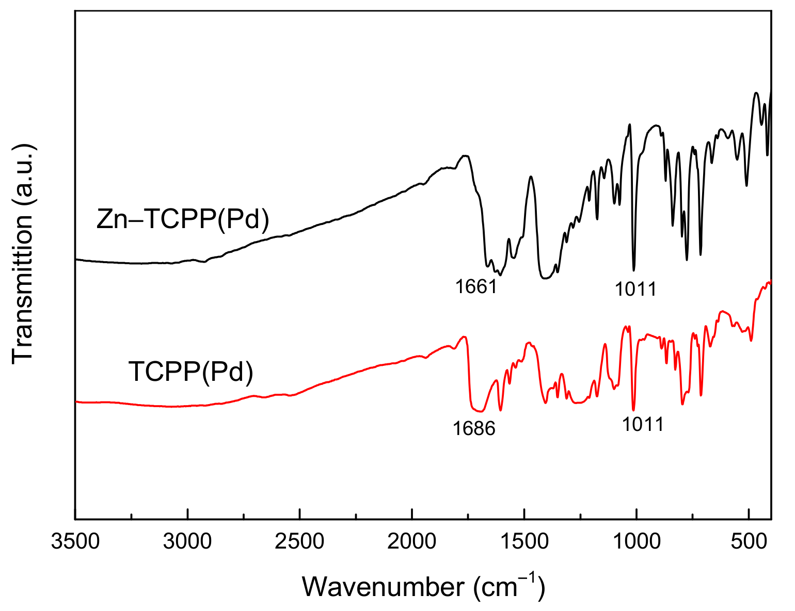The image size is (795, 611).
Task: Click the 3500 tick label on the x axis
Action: (75, 542)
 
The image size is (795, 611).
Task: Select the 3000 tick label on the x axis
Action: (187, 542)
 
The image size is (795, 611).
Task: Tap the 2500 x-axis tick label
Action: (299, 542)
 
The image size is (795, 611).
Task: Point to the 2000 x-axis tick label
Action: (412, 542)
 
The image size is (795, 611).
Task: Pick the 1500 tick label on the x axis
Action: (524, 542)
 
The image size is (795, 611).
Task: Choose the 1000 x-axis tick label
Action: (636, 542)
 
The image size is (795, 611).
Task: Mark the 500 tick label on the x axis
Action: (749, 542)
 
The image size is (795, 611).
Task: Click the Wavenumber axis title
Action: (423, 587)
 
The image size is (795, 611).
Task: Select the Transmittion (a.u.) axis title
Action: (23, 253)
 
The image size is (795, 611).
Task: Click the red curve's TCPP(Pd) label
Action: (190, 372)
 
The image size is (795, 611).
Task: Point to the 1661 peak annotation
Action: (475, 286)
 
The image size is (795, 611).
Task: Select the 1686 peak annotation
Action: (474, 428)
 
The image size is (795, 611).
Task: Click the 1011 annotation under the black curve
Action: (635, 289)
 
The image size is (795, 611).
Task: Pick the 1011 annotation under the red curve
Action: (642, 425)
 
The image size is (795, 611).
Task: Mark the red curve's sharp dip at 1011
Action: (633, 410)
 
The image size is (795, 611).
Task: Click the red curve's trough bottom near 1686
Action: (479, 411)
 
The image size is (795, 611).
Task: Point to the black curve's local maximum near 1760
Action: (465, 155)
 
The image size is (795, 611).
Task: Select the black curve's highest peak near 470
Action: (756, 93)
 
